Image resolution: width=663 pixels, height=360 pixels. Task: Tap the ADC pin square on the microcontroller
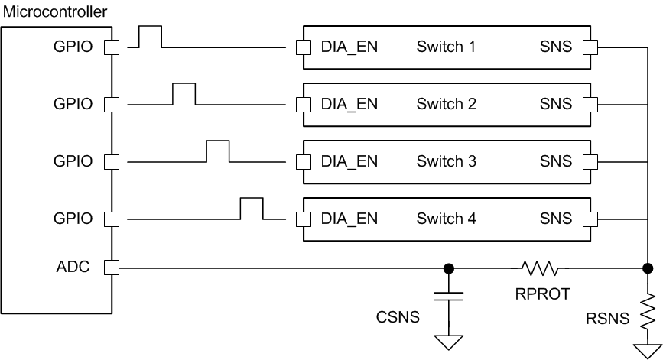(x=111, y=268)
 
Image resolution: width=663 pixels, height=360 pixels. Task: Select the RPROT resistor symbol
(x=540, y=268)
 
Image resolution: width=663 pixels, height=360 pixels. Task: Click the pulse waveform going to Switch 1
(x=149, y=37)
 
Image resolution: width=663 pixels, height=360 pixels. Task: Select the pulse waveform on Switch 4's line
(x=252, y=208)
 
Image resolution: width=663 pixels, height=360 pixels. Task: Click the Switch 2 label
(x=447, y=105)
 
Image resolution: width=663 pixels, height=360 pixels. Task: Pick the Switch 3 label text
(x=447, y=162)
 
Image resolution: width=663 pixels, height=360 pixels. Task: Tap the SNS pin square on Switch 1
(x=590, y=47)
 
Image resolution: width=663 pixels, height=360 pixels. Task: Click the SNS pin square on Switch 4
(x=590, y=219)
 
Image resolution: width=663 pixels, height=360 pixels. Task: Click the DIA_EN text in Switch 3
(x=349, y=162)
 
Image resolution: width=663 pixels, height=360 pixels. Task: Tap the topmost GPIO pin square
(x=111, y=47)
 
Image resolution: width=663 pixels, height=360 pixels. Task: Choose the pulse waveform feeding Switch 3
(x=218, y=151)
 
